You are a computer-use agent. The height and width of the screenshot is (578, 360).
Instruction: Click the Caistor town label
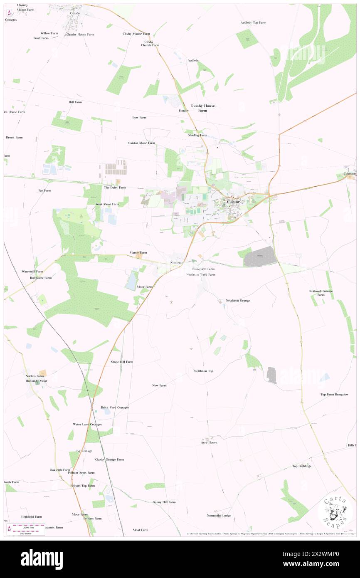[x=233, y=202]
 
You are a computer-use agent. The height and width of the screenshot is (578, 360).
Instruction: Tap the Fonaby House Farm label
[x=202, y=108]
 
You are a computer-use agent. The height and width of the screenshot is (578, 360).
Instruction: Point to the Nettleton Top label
[x=204, y=371]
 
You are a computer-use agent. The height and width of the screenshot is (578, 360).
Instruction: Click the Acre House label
[x=209, y=442]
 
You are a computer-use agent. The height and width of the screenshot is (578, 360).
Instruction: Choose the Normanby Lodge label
[x=219, y=516]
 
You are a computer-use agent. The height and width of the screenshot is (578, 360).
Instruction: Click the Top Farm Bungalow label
[x=334, y=394]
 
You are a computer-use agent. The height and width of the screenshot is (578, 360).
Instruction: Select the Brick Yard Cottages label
[x=115, y=408]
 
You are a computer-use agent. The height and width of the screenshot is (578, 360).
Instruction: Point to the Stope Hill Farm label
[x=122, y=362]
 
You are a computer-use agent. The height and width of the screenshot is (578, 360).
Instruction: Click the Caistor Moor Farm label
[x=141, y=143]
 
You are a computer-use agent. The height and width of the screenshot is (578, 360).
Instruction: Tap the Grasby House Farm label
[x=80, y=34]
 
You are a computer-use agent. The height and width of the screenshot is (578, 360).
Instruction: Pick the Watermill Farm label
[x=32, y=271]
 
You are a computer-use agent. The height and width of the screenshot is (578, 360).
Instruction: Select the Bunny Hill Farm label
[x=164, y=502]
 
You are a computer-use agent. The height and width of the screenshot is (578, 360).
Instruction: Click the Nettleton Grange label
[x=238, y=300]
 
